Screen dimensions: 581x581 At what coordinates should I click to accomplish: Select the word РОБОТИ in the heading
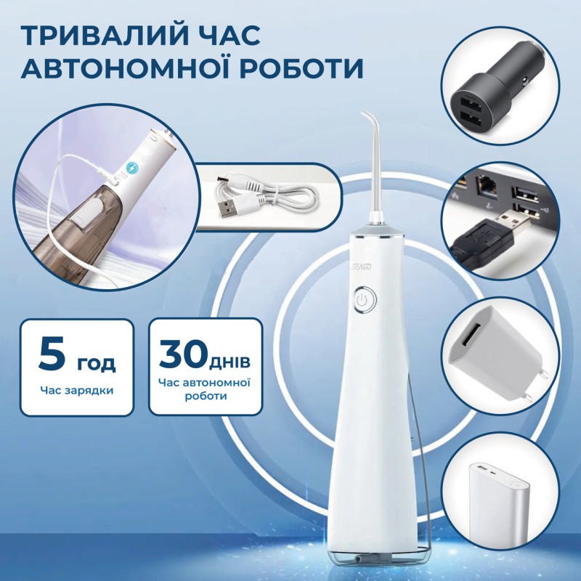coord(312,67)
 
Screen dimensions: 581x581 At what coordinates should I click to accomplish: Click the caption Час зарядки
coord(76,390)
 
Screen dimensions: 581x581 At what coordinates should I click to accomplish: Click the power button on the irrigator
coord(362,300)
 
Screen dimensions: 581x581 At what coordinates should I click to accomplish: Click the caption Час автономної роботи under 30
coord(206,389)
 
